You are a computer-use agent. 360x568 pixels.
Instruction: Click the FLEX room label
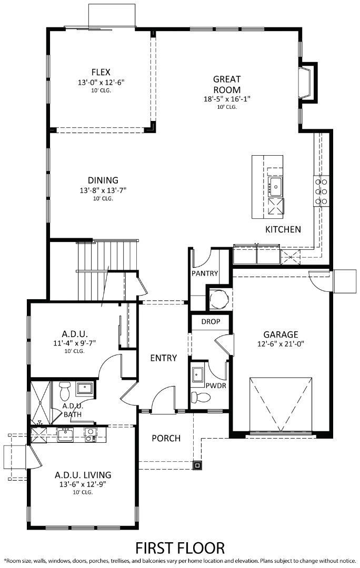pyautogui.click(x=101, y=72)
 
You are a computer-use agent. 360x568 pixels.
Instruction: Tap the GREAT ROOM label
pyautogui.click(x=227, y=84)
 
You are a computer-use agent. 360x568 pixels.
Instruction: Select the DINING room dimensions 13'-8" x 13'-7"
pyautogui.click(x=103, y=190)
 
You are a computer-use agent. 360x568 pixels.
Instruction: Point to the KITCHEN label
pyautogui.click(x=283, y=229)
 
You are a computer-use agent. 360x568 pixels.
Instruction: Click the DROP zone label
pyautogui.click(x=211, y=321)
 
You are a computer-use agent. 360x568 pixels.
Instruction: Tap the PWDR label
pyautogui.click(x=216, y=385)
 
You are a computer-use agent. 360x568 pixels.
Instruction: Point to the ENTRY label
pyautogui.click(x=163, y=358)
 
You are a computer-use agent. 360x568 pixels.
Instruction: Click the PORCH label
pyautogui.click(x=166, y=438)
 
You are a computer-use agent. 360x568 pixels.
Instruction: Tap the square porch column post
pyautogui.click(x=197, y=464)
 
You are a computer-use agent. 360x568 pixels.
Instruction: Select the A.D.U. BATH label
pyautogui.click(x=72, y=410)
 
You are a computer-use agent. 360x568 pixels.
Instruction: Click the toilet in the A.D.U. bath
pyautogui.click(x=65, y=390)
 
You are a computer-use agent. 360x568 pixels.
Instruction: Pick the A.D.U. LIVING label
pyautogui.click(x=83, y=475)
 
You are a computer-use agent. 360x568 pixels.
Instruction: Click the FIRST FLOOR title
pyautogui.click(x=180, y=547)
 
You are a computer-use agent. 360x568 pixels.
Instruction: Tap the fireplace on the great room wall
pyautogui.click(x=307, y=82)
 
